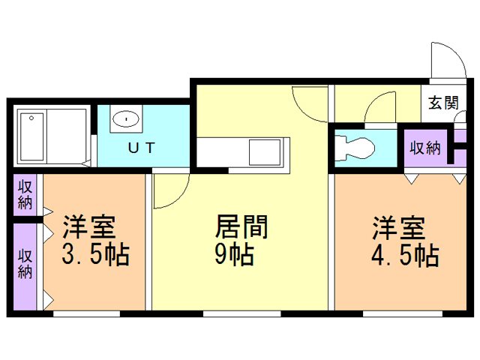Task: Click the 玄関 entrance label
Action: tap(443, 104)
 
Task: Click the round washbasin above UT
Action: tap(126, 118)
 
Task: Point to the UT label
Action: tap(141, 148)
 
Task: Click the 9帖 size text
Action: tap(233, 255)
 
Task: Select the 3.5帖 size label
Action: tap(95, 255)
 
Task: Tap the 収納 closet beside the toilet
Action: tap(424, 147)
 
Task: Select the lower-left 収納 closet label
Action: tap(25, 262)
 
